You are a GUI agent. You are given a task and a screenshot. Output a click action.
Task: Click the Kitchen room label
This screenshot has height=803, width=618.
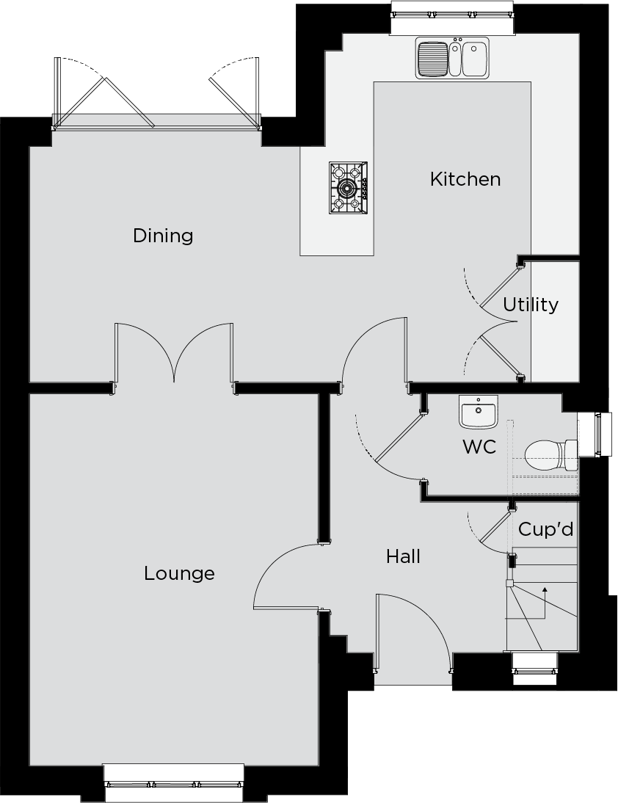click(x=465, y=179)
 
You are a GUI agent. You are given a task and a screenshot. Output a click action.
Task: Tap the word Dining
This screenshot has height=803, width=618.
click(x=163, y=236)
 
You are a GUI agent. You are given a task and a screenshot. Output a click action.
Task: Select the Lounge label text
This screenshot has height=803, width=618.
click(x=179, y=573)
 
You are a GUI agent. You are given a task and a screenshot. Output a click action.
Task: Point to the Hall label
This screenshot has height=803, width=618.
click(x=404, y=556)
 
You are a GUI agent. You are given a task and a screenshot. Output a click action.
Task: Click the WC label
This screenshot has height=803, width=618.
click(x=479, y=446)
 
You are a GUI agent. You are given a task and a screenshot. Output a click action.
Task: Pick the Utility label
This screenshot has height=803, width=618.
click(x=531, y=305)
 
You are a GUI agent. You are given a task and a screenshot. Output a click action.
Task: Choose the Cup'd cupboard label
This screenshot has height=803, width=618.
click(x=545, y=529)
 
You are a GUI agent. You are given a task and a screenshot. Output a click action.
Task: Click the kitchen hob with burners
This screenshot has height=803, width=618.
click(x=348, y=188)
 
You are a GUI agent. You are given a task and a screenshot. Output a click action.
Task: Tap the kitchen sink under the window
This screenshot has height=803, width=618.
click(x=452, y=57)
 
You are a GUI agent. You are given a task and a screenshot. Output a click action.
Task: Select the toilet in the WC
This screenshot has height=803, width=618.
click(x=551, y=455)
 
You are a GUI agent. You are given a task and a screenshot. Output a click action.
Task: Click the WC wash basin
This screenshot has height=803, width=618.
click(x=479, y=412)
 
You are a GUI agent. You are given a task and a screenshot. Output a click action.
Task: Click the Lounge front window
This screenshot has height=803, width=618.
click(x=174, y=783)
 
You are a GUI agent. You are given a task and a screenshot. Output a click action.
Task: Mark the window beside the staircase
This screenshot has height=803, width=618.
click(x=535, y=668)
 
